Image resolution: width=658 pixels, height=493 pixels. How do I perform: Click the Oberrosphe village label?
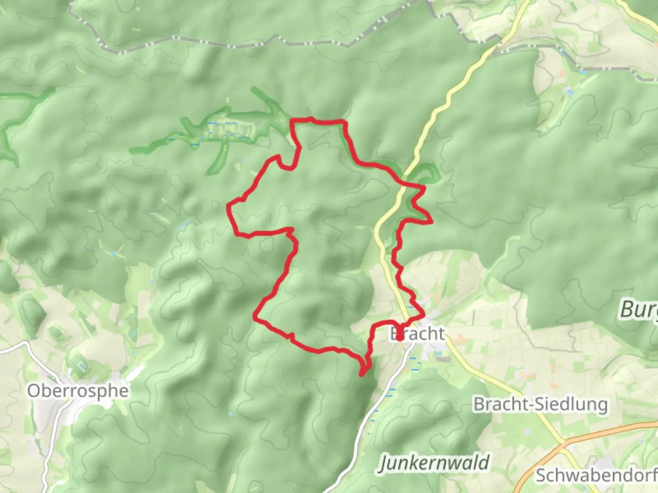(x=78, y=391)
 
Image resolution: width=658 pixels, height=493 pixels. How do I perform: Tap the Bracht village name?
(x=417, y=334)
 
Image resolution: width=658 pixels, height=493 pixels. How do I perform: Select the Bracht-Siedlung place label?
(x=541, y=404)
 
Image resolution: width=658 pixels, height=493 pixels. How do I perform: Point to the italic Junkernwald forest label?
(x=434, y=463)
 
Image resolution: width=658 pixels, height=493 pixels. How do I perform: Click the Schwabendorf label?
(x=596, y=475)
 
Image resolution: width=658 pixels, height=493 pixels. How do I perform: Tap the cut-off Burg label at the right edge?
(x=638, y=310)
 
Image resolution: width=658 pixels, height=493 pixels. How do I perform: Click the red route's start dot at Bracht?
(x=399, y=338)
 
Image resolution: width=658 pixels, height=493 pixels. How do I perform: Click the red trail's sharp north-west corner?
(x=292, y=121)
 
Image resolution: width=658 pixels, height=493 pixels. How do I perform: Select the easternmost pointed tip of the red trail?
(x=431, y=222)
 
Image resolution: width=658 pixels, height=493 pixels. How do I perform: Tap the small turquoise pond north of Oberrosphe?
(x=81, y=365)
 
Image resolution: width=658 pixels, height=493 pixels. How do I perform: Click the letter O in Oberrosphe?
(x=33, y=391)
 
